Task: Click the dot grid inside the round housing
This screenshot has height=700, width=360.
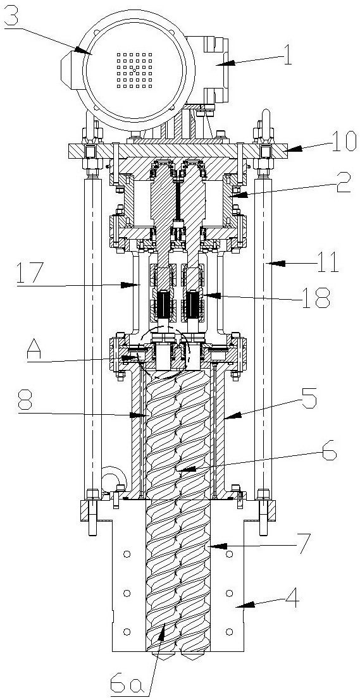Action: [134, 70]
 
